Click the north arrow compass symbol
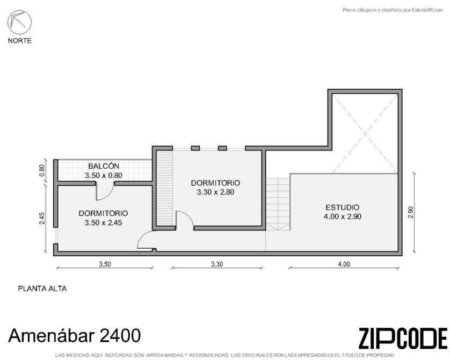[19, 23]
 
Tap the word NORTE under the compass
[19, 41]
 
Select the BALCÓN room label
[104, 166]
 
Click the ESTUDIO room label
[343, 207]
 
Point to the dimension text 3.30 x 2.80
[215, 192]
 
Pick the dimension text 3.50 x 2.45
[103, 222]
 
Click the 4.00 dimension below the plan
[344, 264]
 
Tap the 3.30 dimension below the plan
[217, 264]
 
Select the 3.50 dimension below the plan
[105, 264]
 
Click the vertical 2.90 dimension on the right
[411, 212]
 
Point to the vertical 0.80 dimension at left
[42, 170]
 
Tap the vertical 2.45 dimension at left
[42, 218]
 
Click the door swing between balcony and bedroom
[105, 192]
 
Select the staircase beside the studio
[278, 204]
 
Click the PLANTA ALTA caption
[42, 289]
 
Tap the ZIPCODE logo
[403, 338]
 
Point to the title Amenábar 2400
[75, 335]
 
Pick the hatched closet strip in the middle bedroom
[164, 188]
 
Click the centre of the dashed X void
[365, 134]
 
